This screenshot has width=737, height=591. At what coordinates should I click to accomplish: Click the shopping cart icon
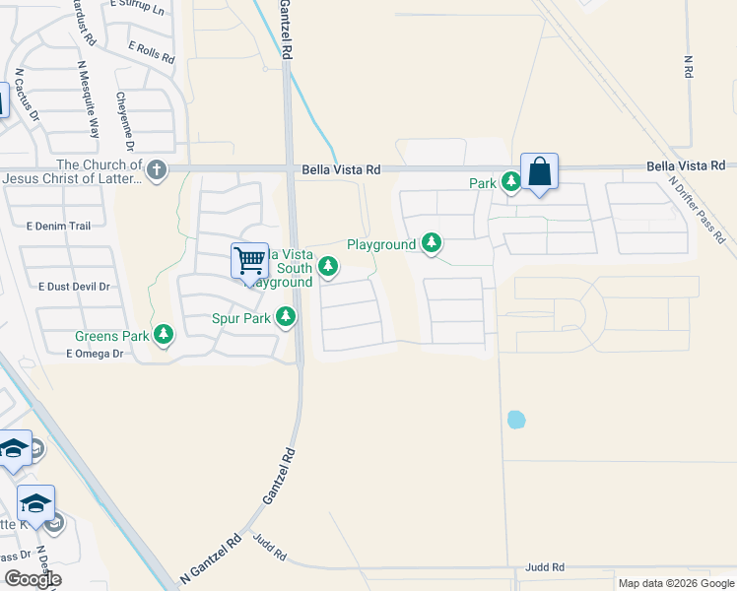tap(250, 261)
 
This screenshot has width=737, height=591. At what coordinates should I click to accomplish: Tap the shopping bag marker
tap(540, 171)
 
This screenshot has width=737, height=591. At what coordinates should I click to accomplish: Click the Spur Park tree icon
tap(286, 317)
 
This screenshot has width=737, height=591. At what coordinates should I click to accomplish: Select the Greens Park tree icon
tap(164, 336)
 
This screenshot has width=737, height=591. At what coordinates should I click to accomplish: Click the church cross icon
tap(157, 171)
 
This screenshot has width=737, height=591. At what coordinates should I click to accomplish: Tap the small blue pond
tap(515, 420)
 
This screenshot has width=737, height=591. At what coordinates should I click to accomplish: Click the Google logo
tap(33, 579)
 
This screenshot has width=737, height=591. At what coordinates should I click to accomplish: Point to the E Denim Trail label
tap(59, 227)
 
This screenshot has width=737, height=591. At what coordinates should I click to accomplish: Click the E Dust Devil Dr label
tap(74, 287)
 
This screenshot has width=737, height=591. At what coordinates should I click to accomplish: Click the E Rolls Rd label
tap(150, 48)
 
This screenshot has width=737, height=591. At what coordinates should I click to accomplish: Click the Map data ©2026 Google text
tap(675, 583)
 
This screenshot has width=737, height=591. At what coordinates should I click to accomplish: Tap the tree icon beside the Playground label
tap(432, 242)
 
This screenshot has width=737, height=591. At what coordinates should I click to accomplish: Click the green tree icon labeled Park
tap(510, 182)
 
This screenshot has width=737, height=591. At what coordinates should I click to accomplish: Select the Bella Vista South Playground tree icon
tap(328, 267)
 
